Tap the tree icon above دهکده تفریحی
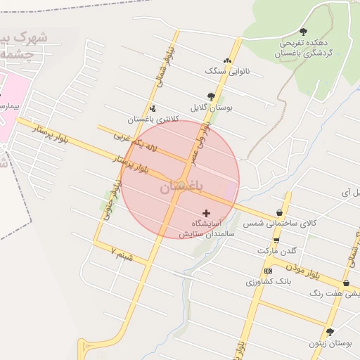point(303,31)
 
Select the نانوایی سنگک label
point(223,71)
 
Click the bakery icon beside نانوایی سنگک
point(226,60)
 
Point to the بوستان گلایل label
point(211,108)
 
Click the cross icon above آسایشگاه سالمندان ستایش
point(206,212)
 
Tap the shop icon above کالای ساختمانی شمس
point(280,212)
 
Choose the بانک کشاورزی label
point(267,281)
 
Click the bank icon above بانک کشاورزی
point(268,271)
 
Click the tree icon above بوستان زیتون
point(330,332)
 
